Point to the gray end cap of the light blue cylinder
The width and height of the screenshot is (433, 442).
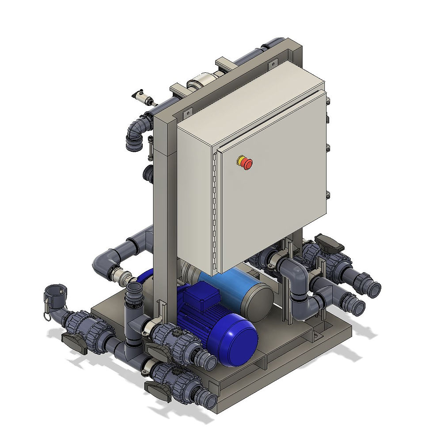[259, 300]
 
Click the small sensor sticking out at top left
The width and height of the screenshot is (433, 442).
[142, 97]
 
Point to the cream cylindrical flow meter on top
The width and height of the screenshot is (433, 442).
[201, 83]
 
